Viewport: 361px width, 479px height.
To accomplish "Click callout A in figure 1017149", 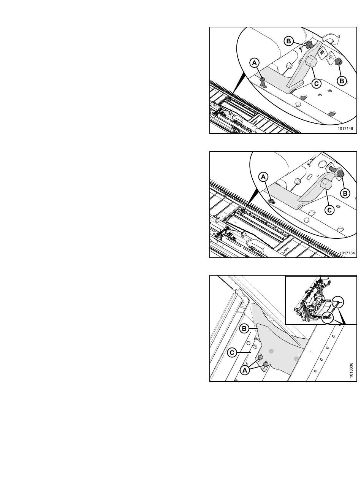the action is [255, 63].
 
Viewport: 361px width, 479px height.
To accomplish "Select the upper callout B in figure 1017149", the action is [288, 41].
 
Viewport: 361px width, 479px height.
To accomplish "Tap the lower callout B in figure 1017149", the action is [342, 81].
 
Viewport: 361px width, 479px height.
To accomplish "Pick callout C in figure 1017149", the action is [316, 83].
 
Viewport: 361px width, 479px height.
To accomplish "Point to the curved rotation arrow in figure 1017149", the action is [332, 39].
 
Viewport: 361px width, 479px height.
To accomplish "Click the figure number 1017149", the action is [345, 128].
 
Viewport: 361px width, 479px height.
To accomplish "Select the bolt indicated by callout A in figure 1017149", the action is [263, 82].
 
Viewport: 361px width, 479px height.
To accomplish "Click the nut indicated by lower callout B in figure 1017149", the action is [338, 62].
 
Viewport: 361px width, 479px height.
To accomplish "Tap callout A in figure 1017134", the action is [263, 177].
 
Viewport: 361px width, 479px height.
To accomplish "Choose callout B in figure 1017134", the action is [345, 194].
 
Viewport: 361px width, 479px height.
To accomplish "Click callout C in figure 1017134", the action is [329, 210].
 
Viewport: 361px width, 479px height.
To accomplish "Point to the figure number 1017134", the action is [347, 253].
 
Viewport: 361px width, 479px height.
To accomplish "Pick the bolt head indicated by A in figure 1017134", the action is [272, 201].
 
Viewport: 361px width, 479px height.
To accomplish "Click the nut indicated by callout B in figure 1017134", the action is [340, 174].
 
